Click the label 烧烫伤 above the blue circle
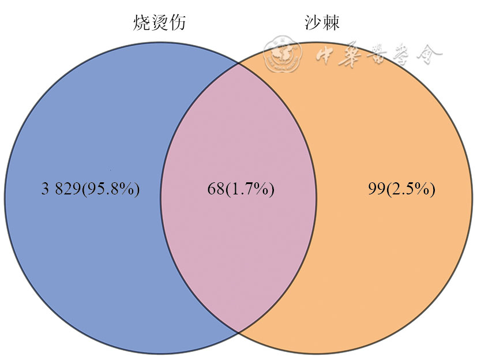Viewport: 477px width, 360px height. (159, 22)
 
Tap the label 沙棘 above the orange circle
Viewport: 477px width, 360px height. (322, 22)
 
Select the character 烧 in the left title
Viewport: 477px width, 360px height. (142, 22)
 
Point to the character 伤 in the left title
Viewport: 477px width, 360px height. (177, 22)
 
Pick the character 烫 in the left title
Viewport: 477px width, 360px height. (159, 22)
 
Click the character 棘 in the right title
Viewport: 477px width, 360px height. (331, 22)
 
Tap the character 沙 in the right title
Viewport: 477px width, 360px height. (313, 22)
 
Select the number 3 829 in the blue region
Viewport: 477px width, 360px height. (61, 189)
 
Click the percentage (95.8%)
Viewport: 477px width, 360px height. (110, 189)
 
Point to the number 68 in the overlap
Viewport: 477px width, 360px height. (216, 189)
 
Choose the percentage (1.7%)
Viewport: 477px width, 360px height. (249, 189)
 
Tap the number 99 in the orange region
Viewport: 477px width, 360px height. (377, 189)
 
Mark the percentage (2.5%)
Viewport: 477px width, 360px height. (410, 189)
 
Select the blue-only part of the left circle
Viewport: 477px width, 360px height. (82, 198)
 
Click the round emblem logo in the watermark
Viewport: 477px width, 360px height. (283, 53)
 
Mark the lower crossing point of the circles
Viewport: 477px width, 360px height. (238, 332)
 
